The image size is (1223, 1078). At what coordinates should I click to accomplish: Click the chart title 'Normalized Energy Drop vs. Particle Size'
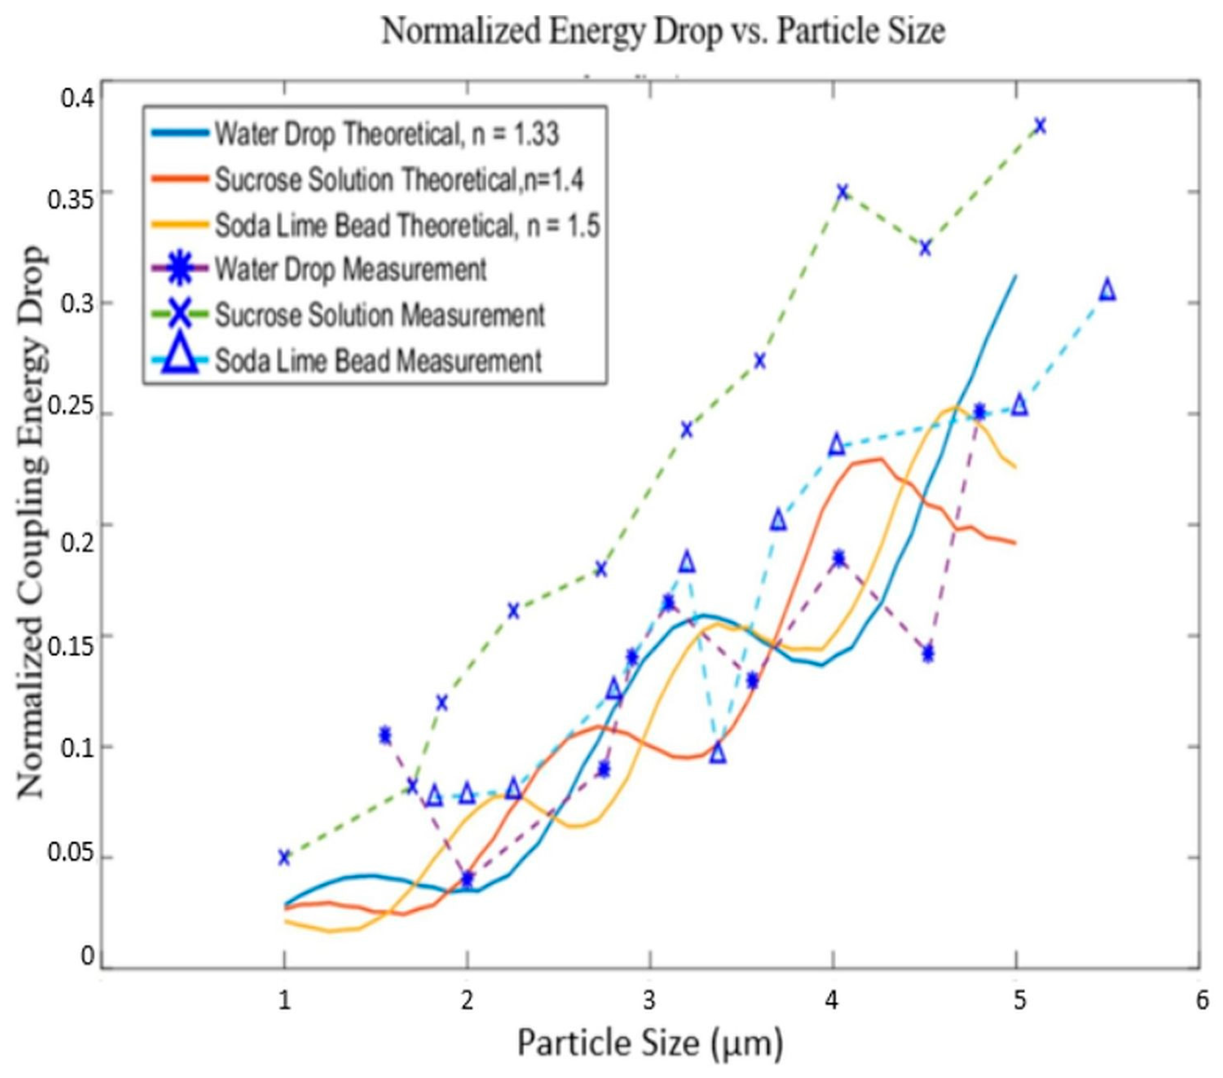[x=663, y=31]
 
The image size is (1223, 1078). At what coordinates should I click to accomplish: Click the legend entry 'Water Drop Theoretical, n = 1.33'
[x=386, y=134]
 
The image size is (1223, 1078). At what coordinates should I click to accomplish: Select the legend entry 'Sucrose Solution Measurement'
[x=380, y=315]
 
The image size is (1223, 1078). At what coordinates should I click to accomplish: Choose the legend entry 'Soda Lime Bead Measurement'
[x=378, y=360]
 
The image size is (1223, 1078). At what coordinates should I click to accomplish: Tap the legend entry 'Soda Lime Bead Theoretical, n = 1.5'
[x=407, y=226]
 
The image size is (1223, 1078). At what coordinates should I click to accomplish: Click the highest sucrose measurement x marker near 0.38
[x=1040, y=126]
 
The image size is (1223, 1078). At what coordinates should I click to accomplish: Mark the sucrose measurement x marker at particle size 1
[x=284, y=857]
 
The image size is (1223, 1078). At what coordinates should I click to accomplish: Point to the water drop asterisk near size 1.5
[x=386, y=735]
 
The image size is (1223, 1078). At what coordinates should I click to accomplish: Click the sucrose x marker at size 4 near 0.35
[x=842, y=192]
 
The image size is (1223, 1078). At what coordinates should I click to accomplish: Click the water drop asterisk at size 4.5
[x=928, y=653]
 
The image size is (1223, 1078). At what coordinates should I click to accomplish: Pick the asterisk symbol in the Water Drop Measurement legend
[x=181, y=269]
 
